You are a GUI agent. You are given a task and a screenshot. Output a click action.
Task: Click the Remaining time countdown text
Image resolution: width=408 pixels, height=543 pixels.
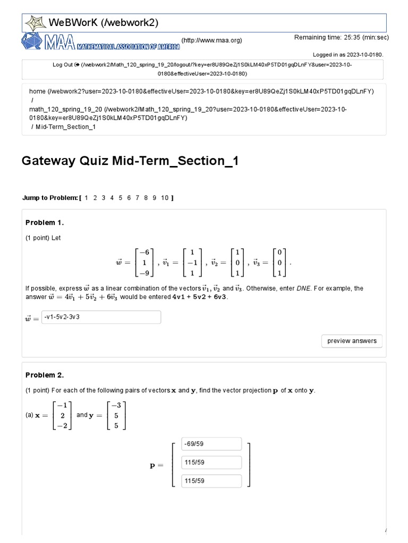point(342,38)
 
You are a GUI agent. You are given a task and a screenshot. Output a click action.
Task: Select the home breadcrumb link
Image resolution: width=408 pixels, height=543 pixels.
point(37,92)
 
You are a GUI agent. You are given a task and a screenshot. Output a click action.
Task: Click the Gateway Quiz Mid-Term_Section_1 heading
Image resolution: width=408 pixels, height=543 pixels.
point(130,161)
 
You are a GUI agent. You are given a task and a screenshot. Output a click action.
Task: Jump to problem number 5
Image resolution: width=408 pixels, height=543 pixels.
point(121,198)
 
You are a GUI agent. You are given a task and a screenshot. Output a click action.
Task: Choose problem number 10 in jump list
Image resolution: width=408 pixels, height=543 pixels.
point(165,198)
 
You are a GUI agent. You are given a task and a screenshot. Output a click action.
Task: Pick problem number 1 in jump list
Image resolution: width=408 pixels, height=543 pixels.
point(87,198)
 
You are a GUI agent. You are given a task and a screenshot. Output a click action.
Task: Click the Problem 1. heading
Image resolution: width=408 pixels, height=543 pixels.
point(45,223)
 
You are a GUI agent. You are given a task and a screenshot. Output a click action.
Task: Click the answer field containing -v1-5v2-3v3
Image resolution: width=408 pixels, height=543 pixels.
point(101,318)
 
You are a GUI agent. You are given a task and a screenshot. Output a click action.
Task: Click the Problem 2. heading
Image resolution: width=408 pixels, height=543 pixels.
point(45,375)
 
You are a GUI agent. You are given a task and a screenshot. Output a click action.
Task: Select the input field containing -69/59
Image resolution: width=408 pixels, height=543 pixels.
point(211,444)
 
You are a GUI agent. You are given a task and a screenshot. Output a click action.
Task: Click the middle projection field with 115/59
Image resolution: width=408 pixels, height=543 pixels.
point(211,462)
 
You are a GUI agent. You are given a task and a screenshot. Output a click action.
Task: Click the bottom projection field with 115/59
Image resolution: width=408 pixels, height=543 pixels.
point(211,481)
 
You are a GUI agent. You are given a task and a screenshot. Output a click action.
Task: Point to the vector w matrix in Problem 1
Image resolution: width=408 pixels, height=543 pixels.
point(143,262)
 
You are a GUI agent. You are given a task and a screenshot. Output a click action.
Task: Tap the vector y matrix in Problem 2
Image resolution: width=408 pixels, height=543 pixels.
point(116,415)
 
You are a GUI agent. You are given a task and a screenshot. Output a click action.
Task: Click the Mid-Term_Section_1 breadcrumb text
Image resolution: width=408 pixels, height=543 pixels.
point(65,127)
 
